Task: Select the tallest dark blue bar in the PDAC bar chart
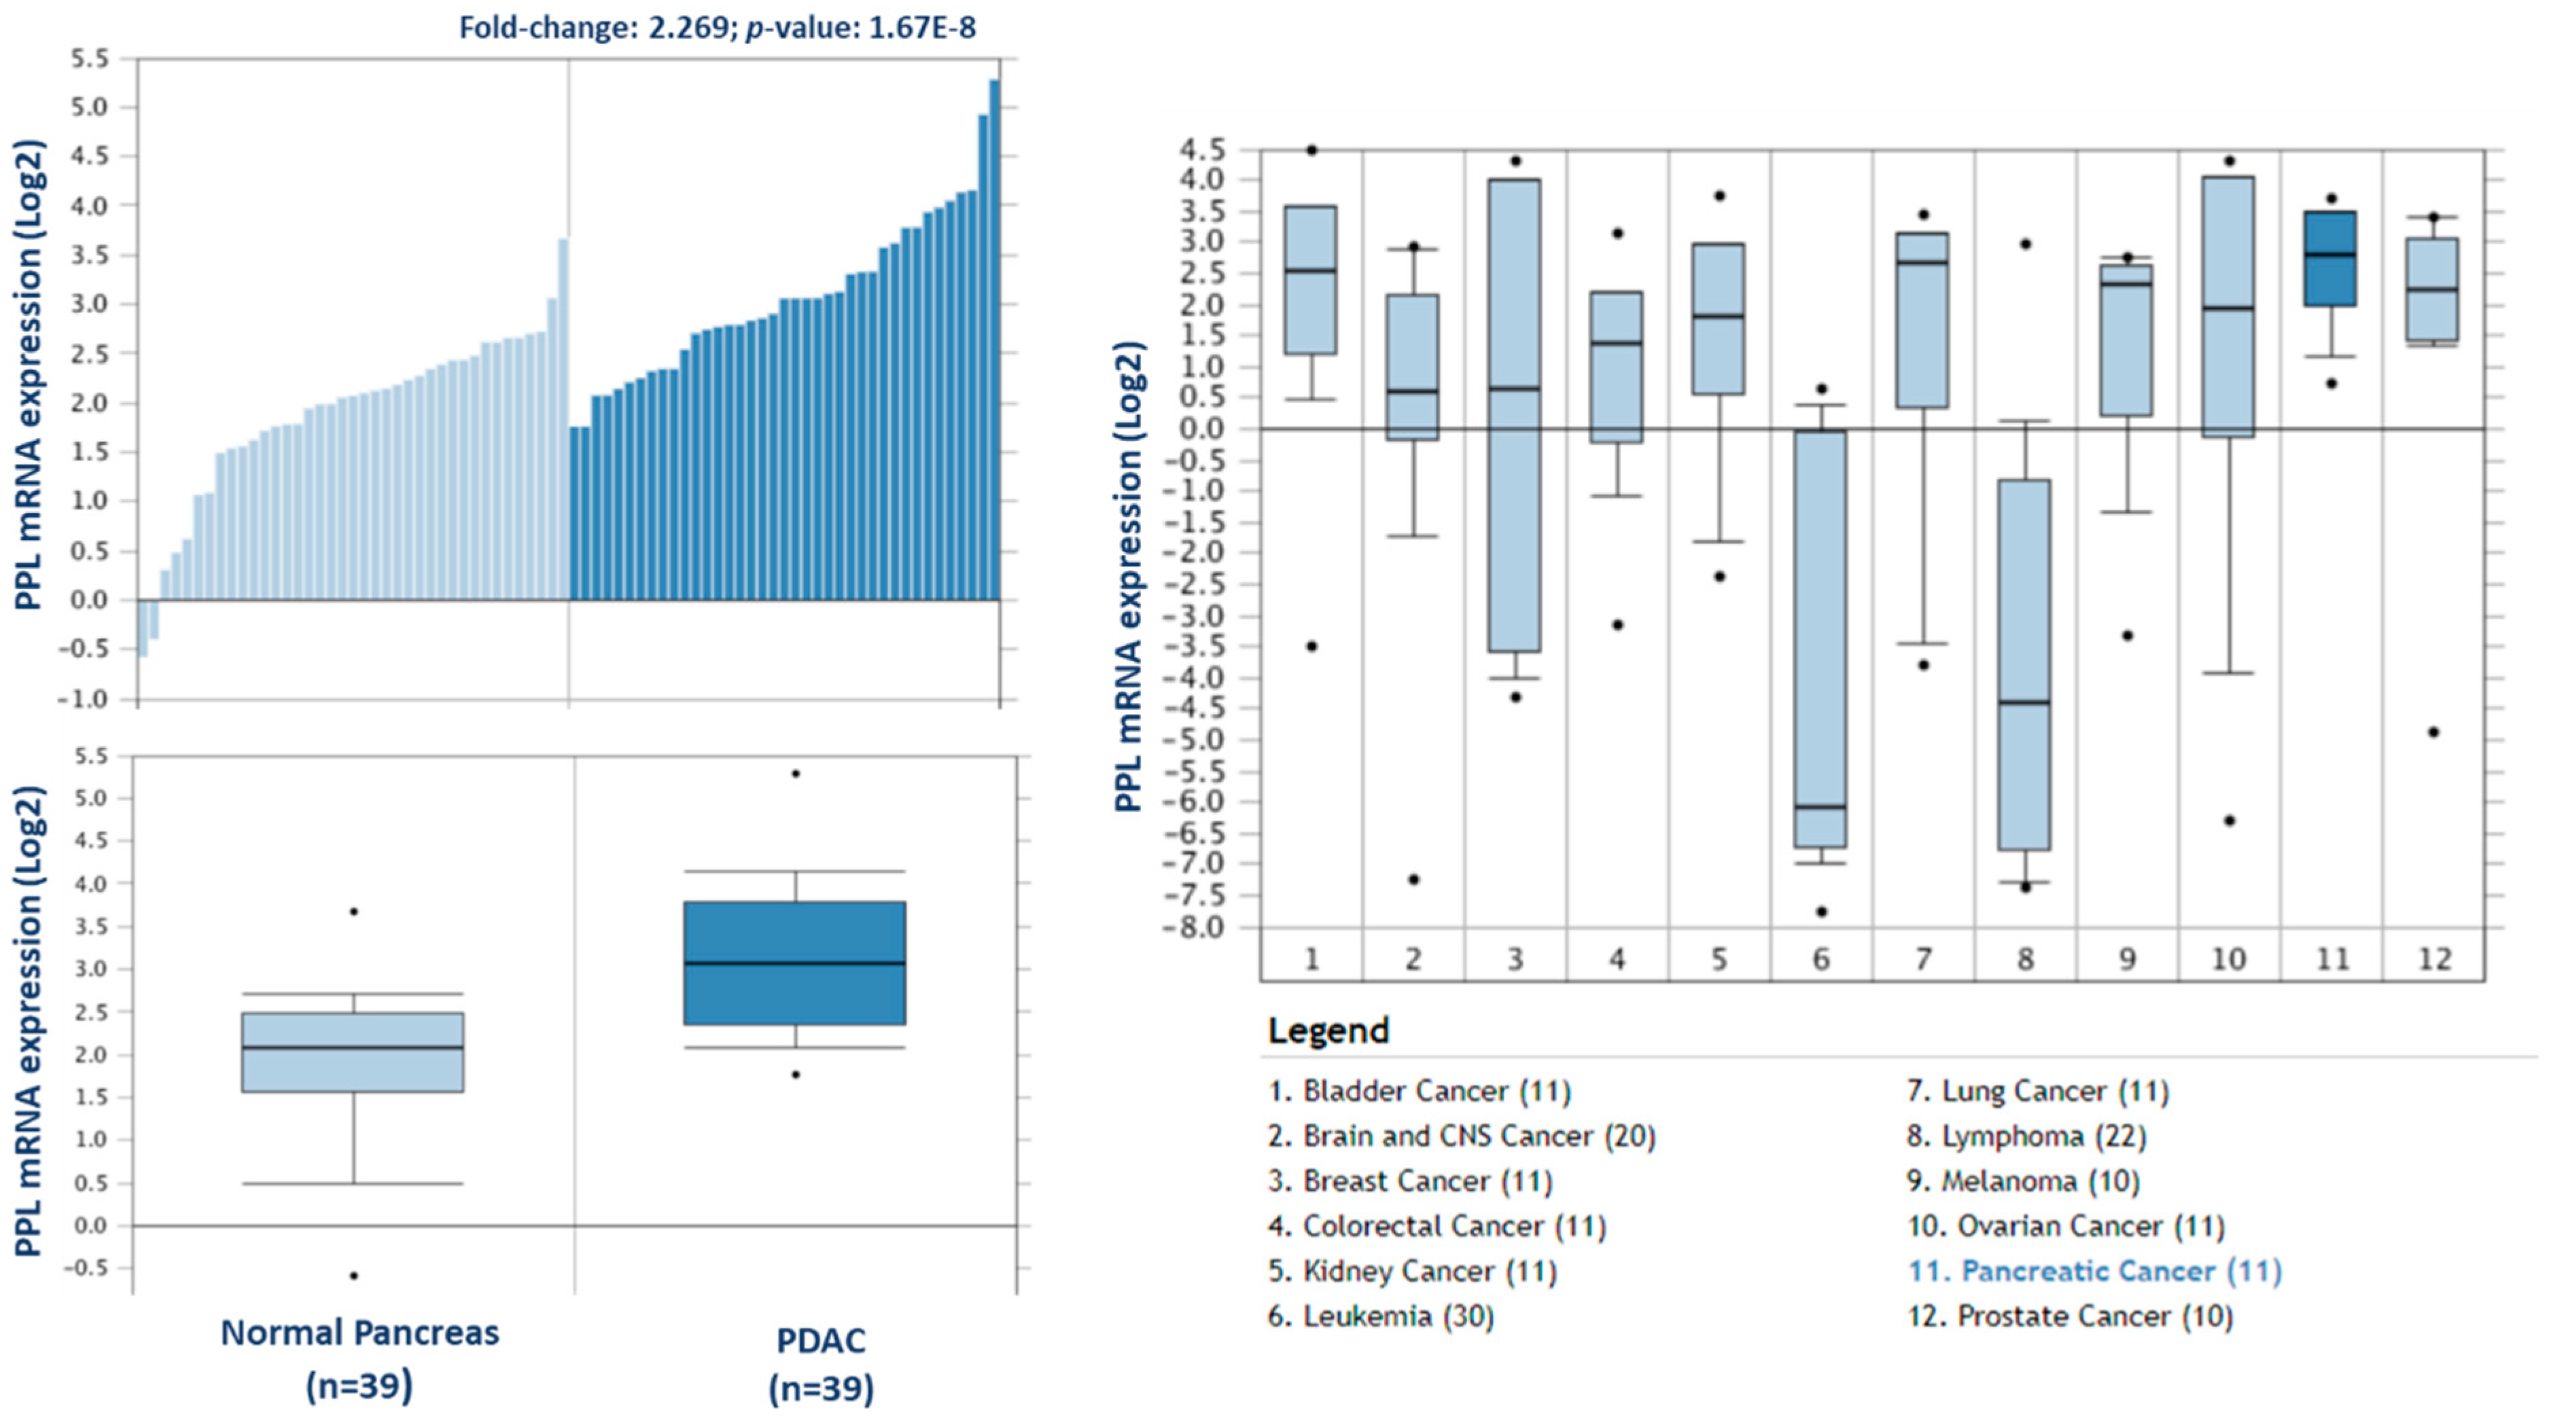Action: [x=994, y=337]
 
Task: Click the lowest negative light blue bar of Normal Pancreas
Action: [x=143, y=628]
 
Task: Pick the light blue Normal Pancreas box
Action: [x=353, y=1051]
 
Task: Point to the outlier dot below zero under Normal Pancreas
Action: [x=354, y=1275]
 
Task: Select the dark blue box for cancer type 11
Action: [x=2330, y=258]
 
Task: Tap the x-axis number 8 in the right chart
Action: [x=2024, y=959]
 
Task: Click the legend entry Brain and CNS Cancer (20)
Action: [x=1462, y=1136]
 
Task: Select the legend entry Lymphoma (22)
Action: [x=2026, y=1136]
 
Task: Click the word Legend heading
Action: [x=1328, y=1030]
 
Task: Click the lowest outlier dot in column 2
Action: [x=1413, y=880]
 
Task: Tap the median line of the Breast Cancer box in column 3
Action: [x=1515, y=389]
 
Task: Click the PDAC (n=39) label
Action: [x=822, y=1363]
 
